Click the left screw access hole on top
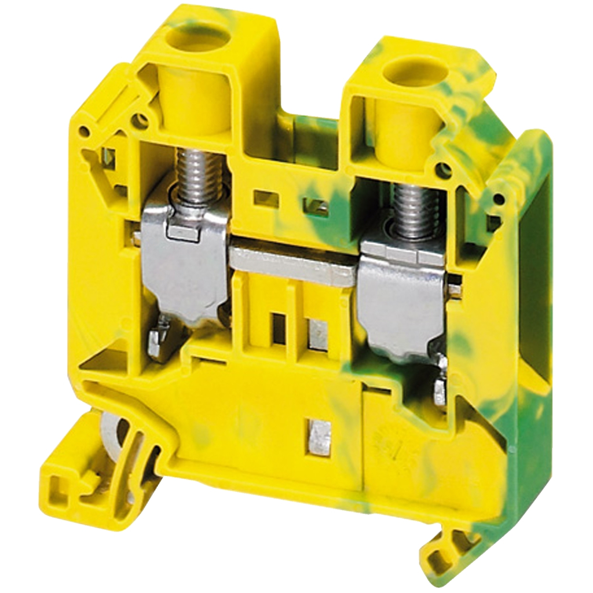coord(196,40)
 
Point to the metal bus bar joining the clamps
coord(292,263)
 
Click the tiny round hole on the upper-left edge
coord(84,131)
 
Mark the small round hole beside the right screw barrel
coord(443,170)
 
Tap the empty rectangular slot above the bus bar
coord(266,199)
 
